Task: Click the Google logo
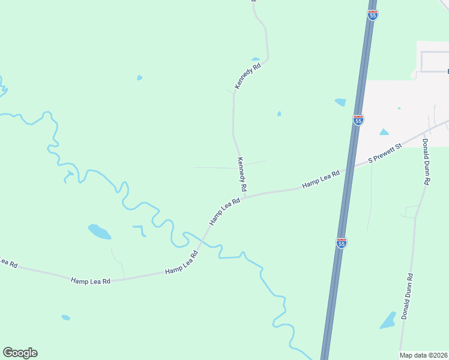point(20,353)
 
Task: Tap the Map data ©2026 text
point(424,355)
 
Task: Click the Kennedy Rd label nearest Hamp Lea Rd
point(242,175)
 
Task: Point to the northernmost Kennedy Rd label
point(248,77)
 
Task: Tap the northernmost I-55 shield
point(373,14)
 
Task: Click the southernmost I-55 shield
point(341,243)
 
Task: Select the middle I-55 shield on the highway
point(358,119)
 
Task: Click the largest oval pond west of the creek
point(99,231)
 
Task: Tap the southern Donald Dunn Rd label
point(408,296)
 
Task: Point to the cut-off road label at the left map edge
point(8,263)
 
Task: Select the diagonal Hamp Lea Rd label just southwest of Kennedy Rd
point(224,212)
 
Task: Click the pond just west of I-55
point(340,103)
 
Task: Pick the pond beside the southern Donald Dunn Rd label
point(388,321)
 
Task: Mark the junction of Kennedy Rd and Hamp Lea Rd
point(244,197)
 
